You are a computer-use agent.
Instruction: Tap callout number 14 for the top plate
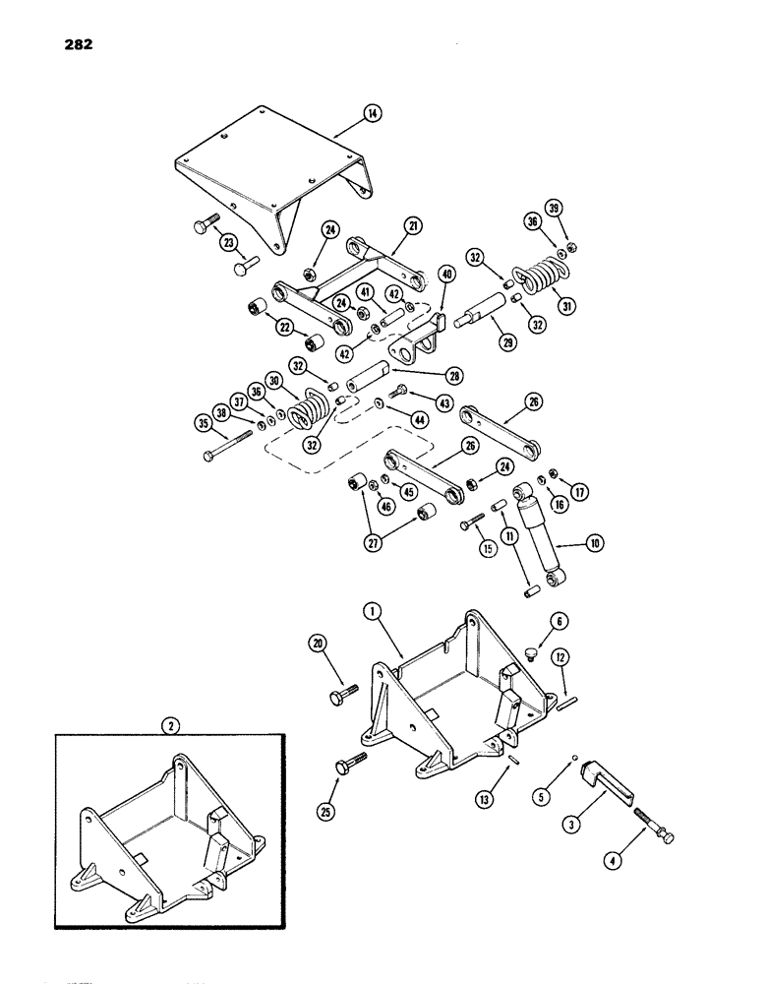(372, 114)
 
